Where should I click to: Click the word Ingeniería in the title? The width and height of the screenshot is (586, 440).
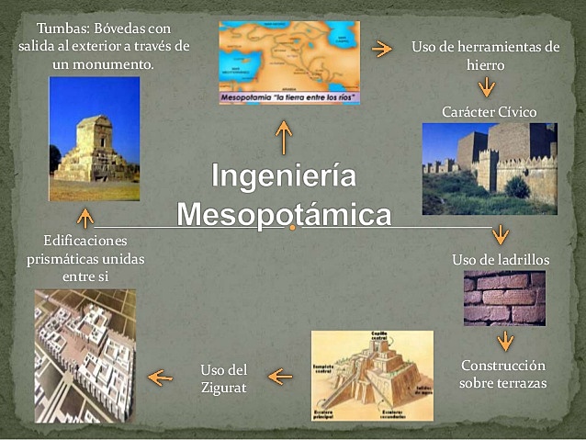284,175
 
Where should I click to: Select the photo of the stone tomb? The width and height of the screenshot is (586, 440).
94,139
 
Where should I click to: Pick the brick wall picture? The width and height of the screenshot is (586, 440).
504,299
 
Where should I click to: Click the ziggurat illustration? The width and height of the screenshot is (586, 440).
372,376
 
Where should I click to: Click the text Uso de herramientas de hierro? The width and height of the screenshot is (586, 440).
485,55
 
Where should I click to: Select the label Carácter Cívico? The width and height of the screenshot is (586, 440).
489,111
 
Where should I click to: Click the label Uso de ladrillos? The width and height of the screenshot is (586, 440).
501,260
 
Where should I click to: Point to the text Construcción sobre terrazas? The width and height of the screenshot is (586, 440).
503,374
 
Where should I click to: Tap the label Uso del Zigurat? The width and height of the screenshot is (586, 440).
224,378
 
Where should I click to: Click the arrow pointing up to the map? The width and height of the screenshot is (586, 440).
284,138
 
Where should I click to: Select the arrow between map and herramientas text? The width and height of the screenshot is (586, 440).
379,49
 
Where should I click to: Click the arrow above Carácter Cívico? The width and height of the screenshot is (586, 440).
486,88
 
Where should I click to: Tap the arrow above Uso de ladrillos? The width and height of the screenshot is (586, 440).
501,233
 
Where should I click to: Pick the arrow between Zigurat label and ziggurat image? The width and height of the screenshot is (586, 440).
280,376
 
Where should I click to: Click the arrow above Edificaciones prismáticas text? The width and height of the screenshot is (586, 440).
85,218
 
